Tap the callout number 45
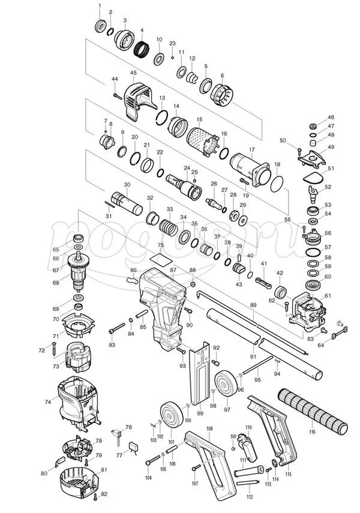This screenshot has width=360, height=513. click(x=133, y=73)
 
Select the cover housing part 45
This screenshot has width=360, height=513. click(x=139, y=97)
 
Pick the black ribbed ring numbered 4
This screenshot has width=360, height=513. click(x=142, y=47)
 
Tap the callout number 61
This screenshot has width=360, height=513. click(x=328, y=296)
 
